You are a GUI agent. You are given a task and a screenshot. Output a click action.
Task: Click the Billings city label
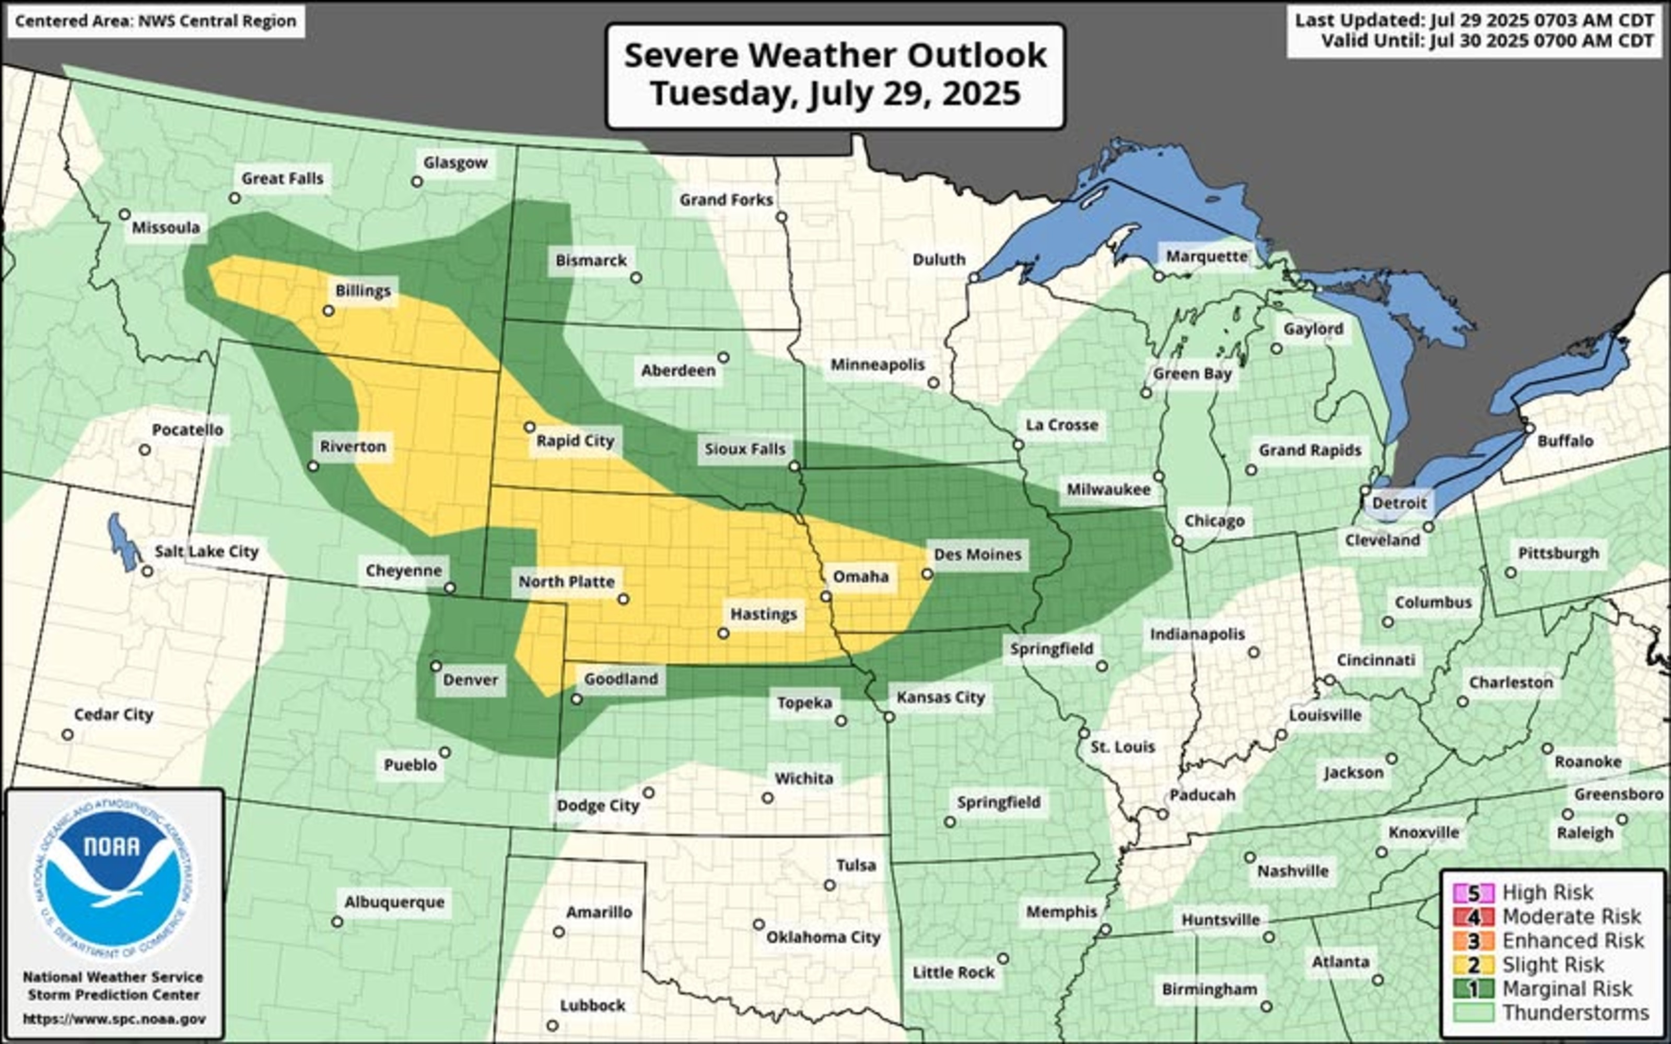coord(363,291)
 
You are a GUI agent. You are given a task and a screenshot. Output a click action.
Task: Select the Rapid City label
coord(575,441)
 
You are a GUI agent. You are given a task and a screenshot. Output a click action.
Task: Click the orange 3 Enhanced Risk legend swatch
coord(1474,941)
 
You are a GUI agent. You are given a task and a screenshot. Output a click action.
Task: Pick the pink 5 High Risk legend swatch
coord(1474,893)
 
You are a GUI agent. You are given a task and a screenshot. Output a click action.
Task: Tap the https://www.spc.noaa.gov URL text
coord(114,1018)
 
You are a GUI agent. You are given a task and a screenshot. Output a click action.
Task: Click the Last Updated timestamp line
coord(1474,20)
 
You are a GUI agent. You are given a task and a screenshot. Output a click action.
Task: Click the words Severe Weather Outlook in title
coord(835,55)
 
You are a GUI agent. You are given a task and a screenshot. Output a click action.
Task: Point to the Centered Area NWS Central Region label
coord(156,21)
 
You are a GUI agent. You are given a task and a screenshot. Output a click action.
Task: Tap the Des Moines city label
coord(977,554)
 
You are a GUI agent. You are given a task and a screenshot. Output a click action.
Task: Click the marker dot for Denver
coord(436,666)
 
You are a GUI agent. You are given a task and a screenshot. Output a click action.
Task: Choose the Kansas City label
coord(940,697)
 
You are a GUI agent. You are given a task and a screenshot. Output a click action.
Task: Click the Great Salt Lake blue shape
coord(124,542)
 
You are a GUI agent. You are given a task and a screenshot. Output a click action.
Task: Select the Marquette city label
coord(1206,256)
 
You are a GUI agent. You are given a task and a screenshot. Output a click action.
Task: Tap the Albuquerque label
coord(394,902)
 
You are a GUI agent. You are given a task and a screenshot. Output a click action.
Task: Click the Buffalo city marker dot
coord(1529,428)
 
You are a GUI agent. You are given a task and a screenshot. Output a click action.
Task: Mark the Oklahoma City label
coord(823,937)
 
